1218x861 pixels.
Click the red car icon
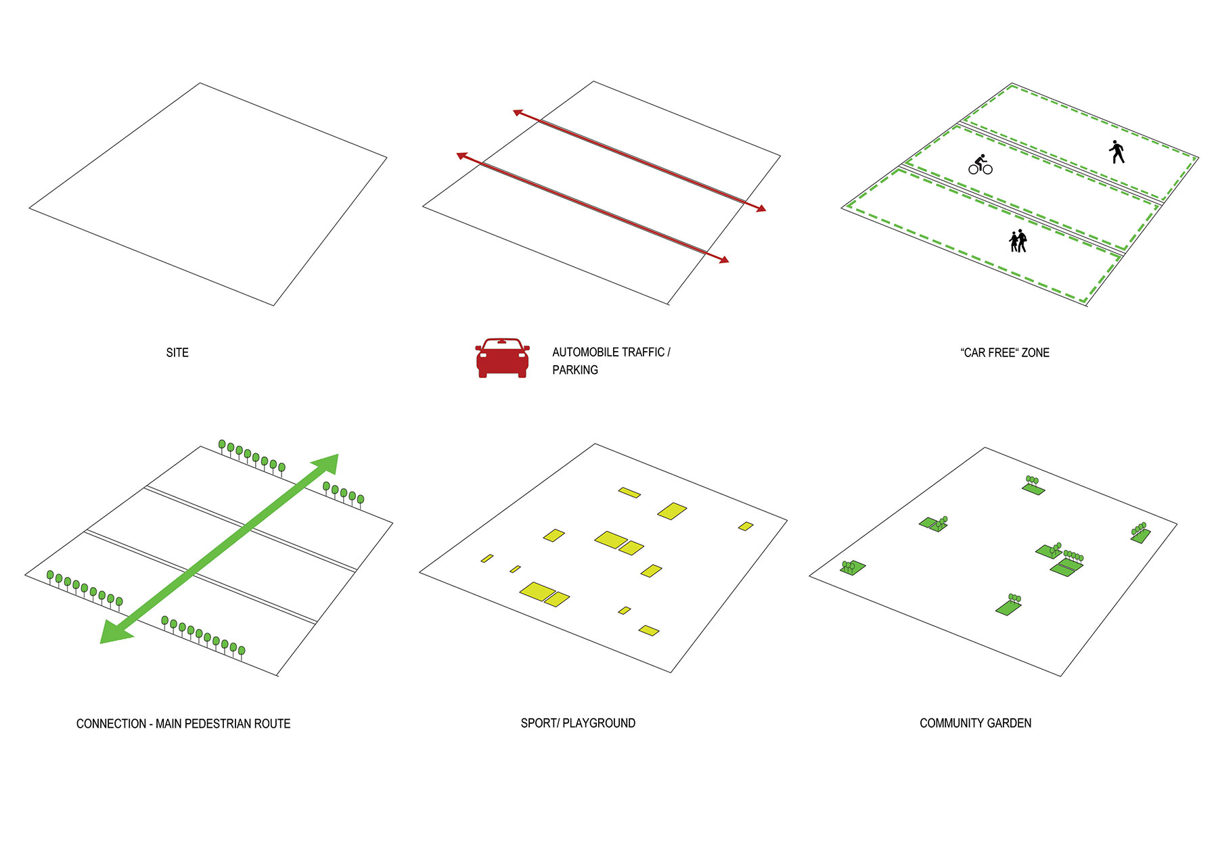502,357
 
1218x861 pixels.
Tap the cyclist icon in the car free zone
980,164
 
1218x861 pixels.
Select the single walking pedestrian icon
1117,152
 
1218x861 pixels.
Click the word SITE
177,352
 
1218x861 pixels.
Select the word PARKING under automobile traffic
575,370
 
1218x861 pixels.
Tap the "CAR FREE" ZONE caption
1005,352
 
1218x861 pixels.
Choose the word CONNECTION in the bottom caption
111,724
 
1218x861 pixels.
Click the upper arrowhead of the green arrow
327,465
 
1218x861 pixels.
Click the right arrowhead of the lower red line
723,260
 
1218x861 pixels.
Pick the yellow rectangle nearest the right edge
746,526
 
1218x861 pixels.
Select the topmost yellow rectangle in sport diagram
629,492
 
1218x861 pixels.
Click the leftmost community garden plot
853,567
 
